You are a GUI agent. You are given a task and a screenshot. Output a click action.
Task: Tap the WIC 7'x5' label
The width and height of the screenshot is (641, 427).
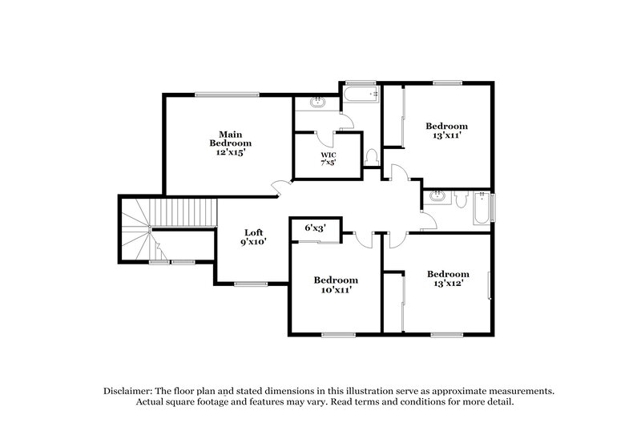point(329,158)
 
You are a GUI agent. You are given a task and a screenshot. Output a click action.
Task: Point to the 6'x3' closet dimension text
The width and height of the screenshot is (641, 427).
point(315,228)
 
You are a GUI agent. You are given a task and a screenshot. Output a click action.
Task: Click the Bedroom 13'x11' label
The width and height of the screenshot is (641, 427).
point(446,131)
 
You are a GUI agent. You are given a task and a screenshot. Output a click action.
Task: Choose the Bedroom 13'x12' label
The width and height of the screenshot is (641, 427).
point(447,278)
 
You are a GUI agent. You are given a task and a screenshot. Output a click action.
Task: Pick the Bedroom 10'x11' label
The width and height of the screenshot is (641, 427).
point(335,284)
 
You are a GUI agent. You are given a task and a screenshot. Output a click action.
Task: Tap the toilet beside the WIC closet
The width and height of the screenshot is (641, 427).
point(371,157)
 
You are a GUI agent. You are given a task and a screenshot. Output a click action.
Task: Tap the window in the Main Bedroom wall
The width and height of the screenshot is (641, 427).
point(228,95)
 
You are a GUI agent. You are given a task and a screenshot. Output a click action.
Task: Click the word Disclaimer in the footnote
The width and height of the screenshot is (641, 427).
point(131,390)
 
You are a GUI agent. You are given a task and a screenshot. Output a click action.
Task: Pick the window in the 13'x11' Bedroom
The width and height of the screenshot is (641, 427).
point(444,82)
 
